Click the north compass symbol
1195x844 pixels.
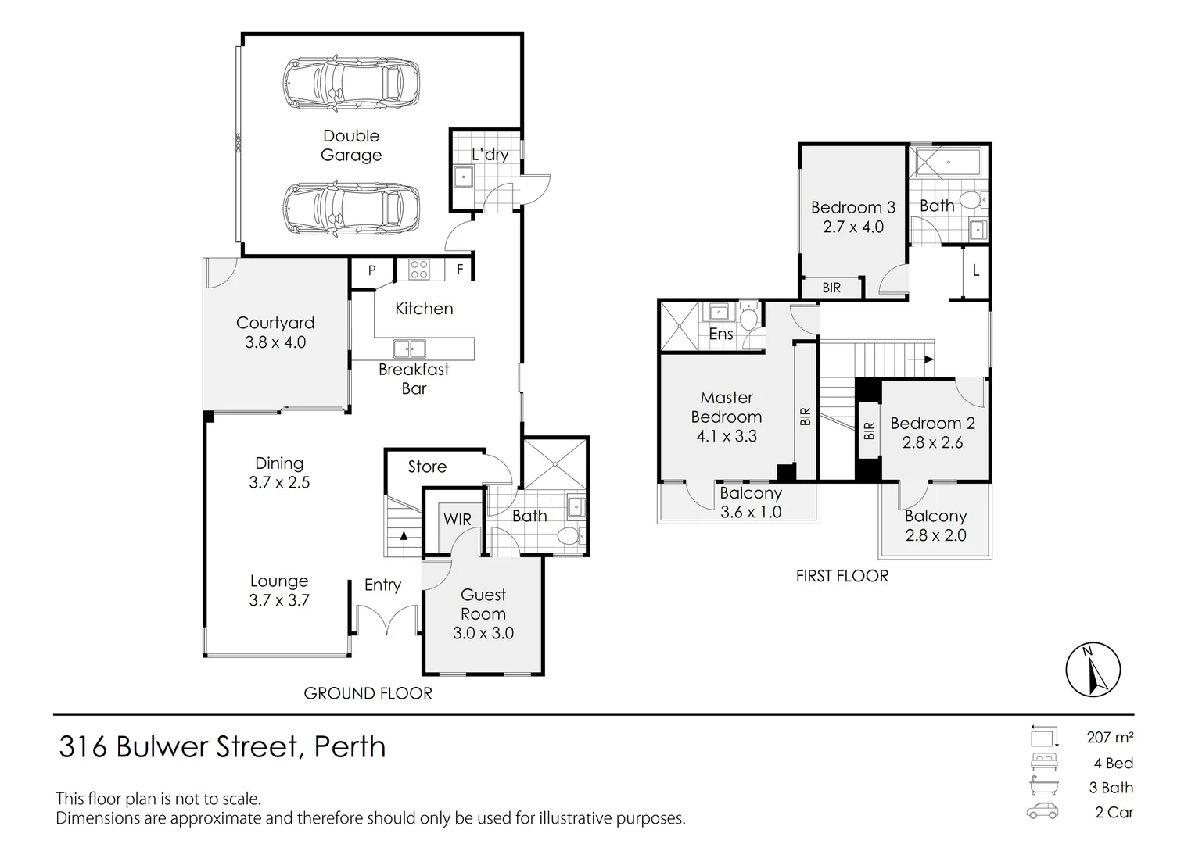click(x=1093, y=669)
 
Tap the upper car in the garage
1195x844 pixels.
click(x=351, y=84)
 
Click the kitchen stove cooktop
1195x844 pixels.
click(x=419, y=270)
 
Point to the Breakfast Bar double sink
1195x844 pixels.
click(x=410, y=349)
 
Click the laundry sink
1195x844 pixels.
click(x=463, y=177)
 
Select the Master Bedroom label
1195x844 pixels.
click(x=727, y=407)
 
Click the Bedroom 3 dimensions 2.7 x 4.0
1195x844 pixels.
click(x=853, y=227)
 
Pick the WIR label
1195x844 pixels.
click(x=458, y=520)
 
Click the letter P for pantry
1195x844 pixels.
click(x=371, y=270)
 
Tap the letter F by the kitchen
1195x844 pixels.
click(x=460, y=270)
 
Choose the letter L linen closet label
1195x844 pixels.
click(x=976, y=270)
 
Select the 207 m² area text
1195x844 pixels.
click(x=1111, y=737)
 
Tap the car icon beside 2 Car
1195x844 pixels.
click(x=1042, y=811)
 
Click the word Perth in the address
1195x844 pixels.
click(x=350, y=746)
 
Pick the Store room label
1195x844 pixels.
click(x=427, y=467)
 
